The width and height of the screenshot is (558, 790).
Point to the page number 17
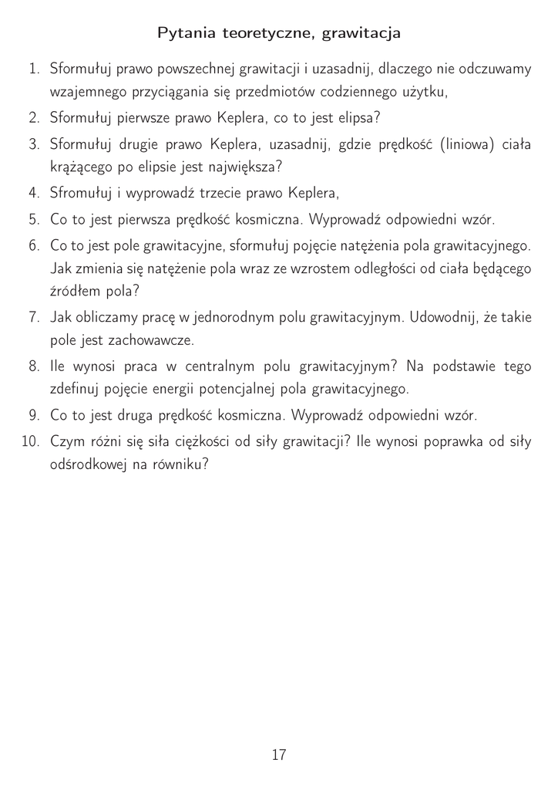pyautogui.click(x=279, y=755)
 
